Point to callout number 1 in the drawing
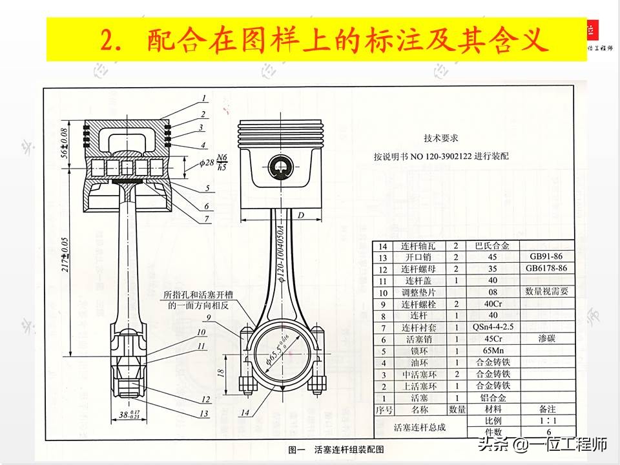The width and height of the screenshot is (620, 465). pos(203,99)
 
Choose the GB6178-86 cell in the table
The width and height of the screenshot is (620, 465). pos(546,269)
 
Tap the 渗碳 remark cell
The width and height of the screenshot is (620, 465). pos(546,339)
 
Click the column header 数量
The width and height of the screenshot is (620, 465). pos(457,409)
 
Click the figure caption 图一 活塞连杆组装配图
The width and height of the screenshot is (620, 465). pos(336,449)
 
